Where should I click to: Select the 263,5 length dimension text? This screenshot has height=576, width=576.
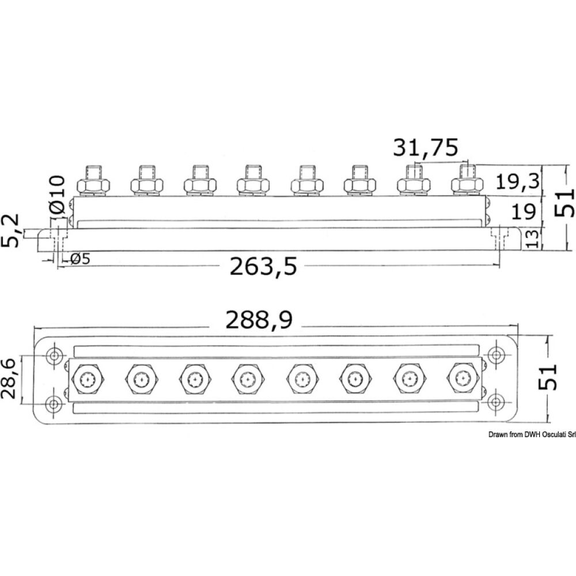point(264,266)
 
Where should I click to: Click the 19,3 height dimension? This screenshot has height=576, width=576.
point(518,182)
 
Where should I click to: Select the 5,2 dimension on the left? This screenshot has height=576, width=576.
point(11,230)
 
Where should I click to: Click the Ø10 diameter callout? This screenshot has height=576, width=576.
point(58,196)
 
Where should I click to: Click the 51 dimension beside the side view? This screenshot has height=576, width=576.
point(564,202)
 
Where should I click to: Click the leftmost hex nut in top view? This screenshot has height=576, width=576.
point(86,378)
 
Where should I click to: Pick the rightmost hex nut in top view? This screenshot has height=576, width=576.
point(463,378)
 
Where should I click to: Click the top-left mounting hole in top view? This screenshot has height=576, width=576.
point(55,356)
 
